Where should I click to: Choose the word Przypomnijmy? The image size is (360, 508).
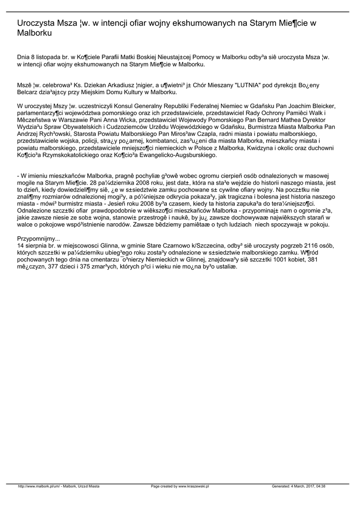[38, 239]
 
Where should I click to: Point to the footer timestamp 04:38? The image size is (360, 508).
[320, 486]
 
